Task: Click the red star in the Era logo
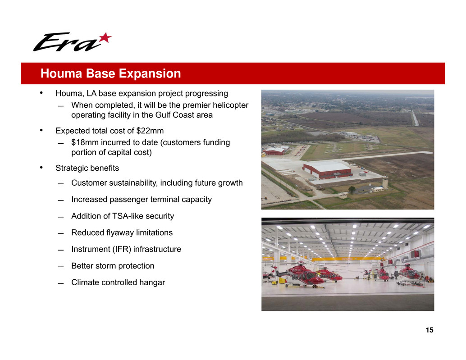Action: click(105, 38)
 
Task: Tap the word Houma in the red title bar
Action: click(61, 73)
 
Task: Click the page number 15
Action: click(429, 330)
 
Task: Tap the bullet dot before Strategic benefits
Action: click(41, 168)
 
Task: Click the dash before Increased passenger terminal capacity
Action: click(61, 200)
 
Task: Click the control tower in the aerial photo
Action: click(385, 182)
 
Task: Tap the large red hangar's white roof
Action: click(327, 166)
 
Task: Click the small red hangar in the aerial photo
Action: click(274, 151)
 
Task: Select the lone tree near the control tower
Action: click(352, 190)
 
